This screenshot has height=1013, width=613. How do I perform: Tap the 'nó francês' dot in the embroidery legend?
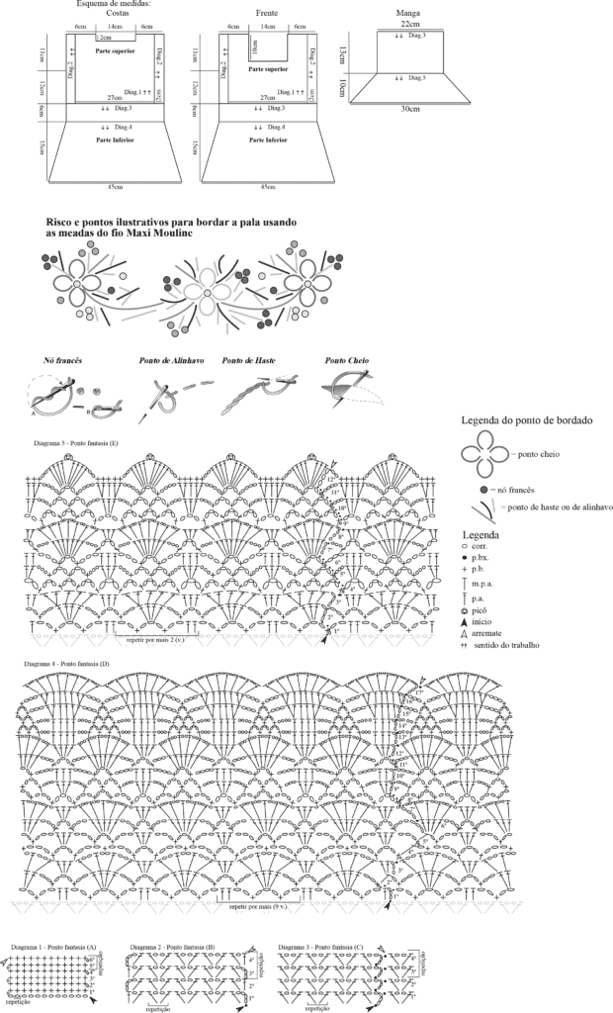(x=483, y=490)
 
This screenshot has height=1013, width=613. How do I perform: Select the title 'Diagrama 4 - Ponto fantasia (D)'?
(x=76, y=663)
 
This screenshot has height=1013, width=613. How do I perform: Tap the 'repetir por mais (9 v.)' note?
(x=256, y=906)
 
